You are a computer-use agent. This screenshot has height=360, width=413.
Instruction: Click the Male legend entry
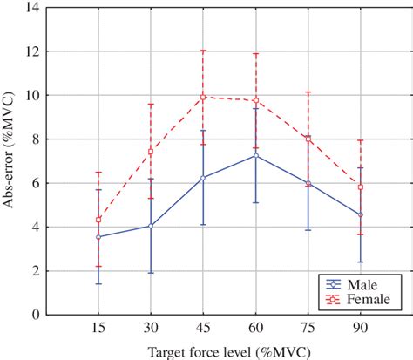[x=357, y=283]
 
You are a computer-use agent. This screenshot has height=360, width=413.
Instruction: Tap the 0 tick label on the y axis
[x=37, y=316]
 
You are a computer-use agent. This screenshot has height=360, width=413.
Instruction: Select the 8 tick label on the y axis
[x=37, y=139]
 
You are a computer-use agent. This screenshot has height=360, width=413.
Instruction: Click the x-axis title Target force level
[x=229, y=352]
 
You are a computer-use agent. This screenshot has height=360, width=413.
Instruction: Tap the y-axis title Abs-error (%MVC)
[x=10, y=161]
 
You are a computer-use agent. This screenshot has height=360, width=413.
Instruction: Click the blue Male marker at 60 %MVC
[x=255, y=155]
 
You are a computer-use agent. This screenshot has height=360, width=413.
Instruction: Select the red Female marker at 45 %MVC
[x=203, y=97]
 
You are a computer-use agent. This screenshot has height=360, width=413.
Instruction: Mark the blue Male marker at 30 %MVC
[x=151, y=226]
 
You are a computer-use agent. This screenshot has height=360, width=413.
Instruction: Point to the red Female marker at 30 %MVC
[x=151, y=152]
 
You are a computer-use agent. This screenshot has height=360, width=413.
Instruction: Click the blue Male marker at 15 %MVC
[x=98, y=237]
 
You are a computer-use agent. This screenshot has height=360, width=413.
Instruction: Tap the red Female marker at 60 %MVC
[x=255, y=99]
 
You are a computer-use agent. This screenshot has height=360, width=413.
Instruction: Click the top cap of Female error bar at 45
[x=203, y=51]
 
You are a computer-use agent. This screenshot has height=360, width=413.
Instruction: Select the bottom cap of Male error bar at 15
[x=98, y=283]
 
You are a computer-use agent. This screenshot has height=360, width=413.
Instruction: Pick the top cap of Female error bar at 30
[x=151, y=105]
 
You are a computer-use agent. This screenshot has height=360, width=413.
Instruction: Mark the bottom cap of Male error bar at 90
[x=361, y=262]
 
